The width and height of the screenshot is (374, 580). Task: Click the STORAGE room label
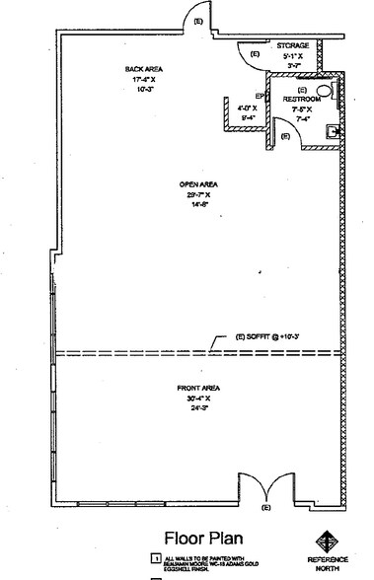pyautogui.click(x=293, y=45)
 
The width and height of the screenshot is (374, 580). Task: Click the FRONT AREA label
pyautogui.click(x=197, y=389)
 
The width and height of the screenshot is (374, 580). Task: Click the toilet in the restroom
pyautogui.click(x=334, y=96)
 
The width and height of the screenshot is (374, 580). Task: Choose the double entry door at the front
pyautogui.click(x=265, y=487)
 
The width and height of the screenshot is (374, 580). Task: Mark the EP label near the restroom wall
pyautogui.click(x=260, y=96)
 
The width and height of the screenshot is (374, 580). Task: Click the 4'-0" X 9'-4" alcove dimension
pyautogui.click(x=247, y=111)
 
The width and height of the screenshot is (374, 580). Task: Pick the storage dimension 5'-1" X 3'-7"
pyautogui.click(x=293, y=60)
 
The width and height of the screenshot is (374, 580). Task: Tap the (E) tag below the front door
pyautogui.click(x=264, y=508)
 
